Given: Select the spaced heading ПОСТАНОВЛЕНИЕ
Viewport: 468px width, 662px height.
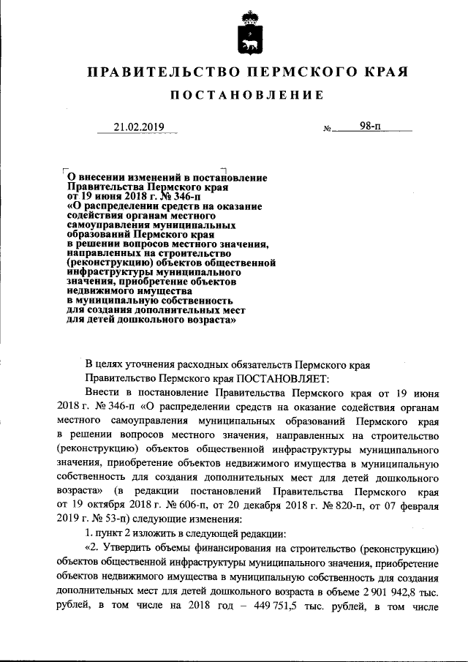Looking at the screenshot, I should pos(247,96).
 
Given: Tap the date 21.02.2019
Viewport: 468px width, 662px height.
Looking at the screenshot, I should pos(138,127).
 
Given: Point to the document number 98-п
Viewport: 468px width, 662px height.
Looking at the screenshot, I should pos(371,126).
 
